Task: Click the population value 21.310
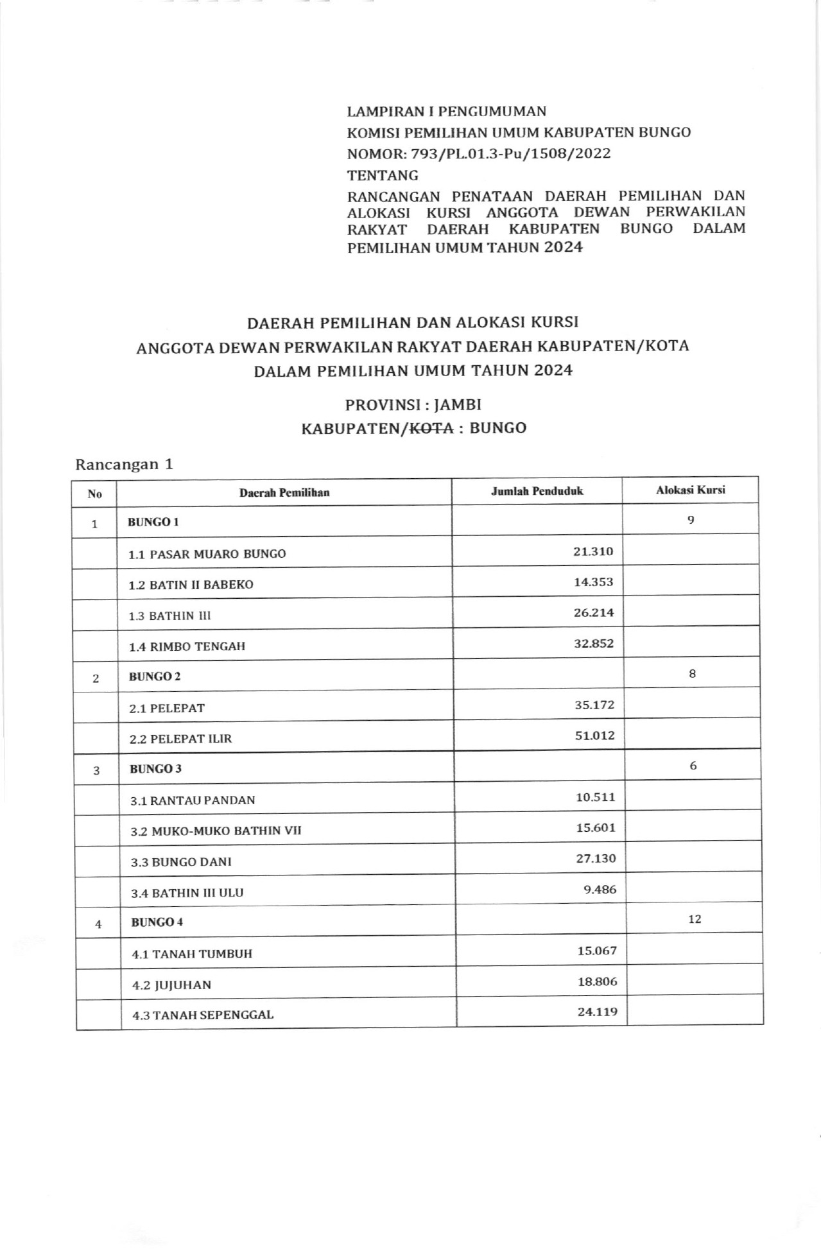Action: click(593, 551)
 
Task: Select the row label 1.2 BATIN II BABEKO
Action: click(191, 585)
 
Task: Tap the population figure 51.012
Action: click(594, 736)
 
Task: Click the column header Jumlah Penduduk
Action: click(537, 491)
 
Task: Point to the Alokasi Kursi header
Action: click(690, 490)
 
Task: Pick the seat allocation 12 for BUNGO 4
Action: click(694, 919)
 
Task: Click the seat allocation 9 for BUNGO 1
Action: click(691, 520)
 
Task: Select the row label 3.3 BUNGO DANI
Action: click(181, 862)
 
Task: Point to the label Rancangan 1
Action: click(124, 464)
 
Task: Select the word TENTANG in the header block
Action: click(383, 175)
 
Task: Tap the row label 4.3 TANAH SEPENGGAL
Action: click(202, 1015)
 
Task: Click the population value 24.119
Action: click(597, 1012)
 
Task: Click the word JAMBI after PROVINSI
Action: click(458, 405)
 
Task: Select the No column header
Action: click(95, 494)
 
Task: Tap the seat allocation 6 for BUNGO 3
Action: click(693, 766)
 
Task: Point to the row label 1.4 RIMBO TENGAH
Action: click(187, 646)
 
